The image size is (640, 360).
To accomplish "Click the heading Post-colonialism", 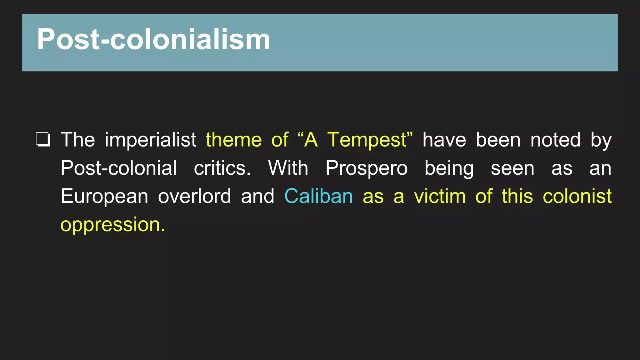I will [153, 40].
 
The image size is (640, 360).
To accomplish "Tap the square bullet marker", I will [43, 139].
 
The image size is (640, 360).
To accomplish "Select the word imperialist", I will [150, 139].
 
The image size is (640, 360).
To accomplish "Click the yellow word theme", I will [233, 139].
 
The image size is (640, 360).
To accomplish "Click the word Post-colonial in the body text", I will [118, 168].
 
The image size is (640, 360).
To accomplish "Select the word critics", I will [222, 168].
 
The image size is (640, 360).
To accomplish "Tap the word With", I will [288, 168].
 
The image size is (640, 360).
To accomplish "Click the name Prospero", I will [367, 168].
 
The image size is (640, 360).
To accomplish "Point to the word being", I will [449, 168].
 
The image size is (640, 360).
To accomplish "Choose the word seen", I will [512, 168].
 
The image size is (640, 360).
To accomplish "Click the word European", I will [104, 196].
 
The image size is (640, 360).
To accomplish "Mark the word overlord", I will [194, 196].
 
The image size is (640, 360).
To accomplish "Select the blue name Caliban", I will [318, 196].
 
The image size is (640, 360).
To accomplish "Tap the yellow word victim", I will [440, 196].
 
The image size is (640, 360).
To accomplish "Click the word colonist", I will [577, 196].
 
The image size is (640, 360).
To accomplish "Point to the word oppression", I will [112, 225].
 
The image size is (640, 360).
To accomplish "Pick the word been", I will [498, 139].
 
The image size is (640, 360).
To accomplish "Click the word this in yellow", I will [517, 196].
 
